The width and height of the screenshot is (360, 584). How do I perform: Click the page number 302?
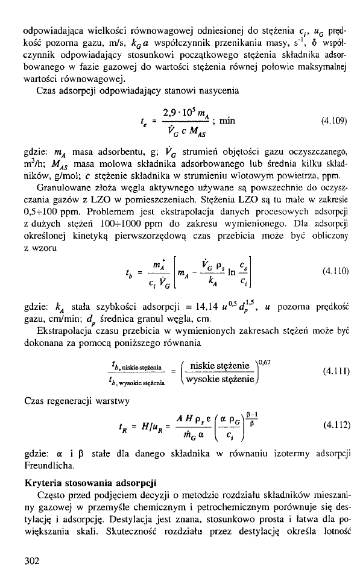[32, 561]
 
